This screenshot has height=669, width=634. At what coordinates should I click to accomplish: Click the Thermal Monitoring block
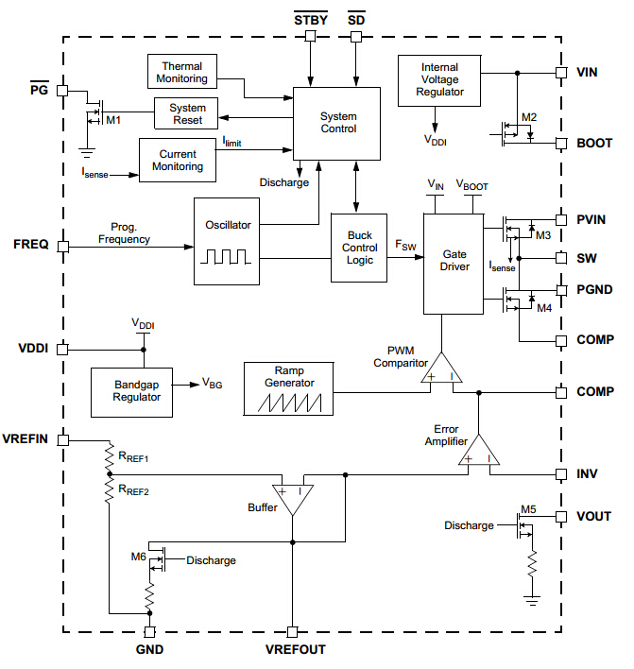pyautogui.click(x=182, y=73)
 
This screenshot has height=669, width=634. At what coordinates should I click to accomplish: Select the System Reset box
pyautogui.click(x=187, y=113)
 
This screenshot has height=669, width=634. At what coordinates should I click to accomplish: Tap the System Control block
pyautogui.click(x=336, y=123)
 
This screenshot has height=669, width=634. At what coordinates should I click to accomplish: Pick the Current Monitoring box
pyautogui.click(x=178, y=160)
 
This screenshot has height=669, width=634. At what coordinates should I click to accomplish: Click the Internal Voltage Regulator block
pyautogui.click(x=439, y=79)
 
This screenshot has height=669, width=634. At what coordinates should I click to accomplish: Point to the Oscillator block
pyautogui.click(x=227, y=241)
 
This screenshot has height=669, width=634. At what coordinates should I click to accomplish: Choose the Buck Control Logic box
pyautogui.click(x=359, y=248)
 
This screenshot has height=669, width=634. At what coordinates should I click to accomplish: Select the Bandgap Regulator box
pyautogui.click(x=138, y=391)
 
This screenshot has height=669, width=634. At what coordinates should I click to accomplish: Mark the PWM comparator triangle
pyautogui.click(x=441, y=369)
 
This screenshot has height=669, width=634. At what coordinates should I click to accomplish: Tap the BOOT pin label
pyautogui.click(x=594, y=144)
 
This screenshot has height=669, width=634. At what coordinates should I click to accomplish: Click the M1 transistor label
pyautogui.click(x=113, y=121)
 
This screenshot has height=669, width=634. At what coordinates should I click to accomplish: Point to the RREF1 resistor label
pyautogui.click(x=134, y=457)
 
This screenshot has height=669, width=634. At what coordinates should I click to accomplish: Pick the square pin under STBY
pyautogui.click(x=310, y=37)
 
